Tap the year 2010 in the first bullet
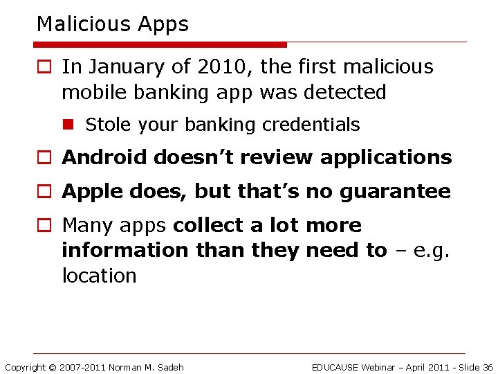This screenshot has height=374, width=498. tap(216, 67)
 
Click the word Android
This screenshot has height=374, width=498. tap(104, 157)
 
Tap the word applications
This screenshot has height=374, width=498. tap(388, 158)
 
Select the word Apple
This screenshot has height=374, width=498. tap(89, 192)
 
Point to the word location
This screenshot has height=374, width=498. tap(99, 276)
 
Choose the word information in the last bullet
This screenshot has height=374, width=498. tap(124, 250)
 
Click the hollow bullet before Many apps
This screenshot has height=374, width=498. tap(44, 226)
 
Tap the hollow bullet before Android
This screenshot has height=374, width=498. tap(44, 158)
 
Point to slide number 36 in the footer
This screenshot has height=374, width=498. tap(487, 367)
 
